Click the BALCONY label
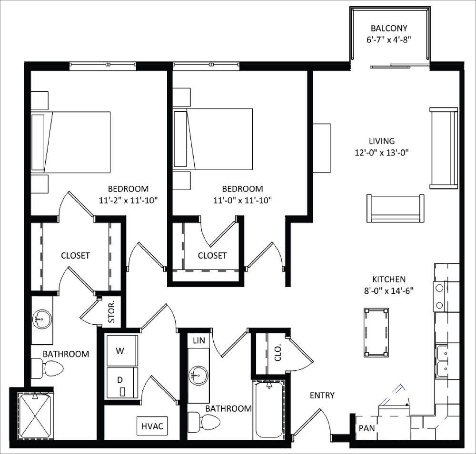pos(389,28)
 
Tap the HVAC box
pos(152,426)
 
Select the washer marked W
pos(121,351)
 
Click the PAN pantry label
pos(367,428)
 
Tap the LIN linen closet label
pos(198,340)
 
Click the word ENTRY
pos(322,395)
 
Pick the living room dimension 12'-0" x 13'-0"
pos(382,153)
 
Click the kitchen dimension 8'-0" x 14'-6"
pos(386,290)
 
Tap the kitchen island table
pos(376,332)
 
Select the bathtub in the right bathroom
pos(269,410)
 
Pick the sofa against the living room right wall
pos(444,148)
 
